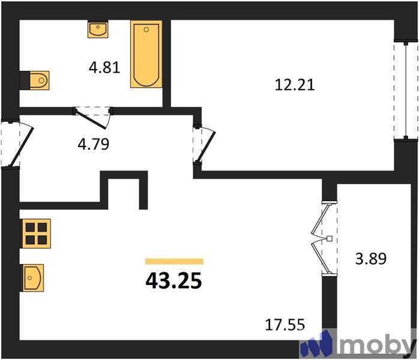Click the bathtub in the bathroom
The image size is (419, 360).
tap(146, 55)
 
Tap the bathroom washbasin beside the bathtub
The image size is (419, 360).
tap(98, 29)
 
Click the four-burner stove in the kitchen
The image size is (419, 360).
tap(36, 233)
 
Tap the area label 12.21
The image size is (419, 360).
tap(294, 85)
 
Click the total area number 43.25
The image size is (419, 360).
tap(173, 280)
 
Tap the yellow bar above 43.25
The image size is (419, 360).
tap(174, 261)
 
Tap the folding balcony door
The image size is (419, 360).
tap(322, 239)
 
